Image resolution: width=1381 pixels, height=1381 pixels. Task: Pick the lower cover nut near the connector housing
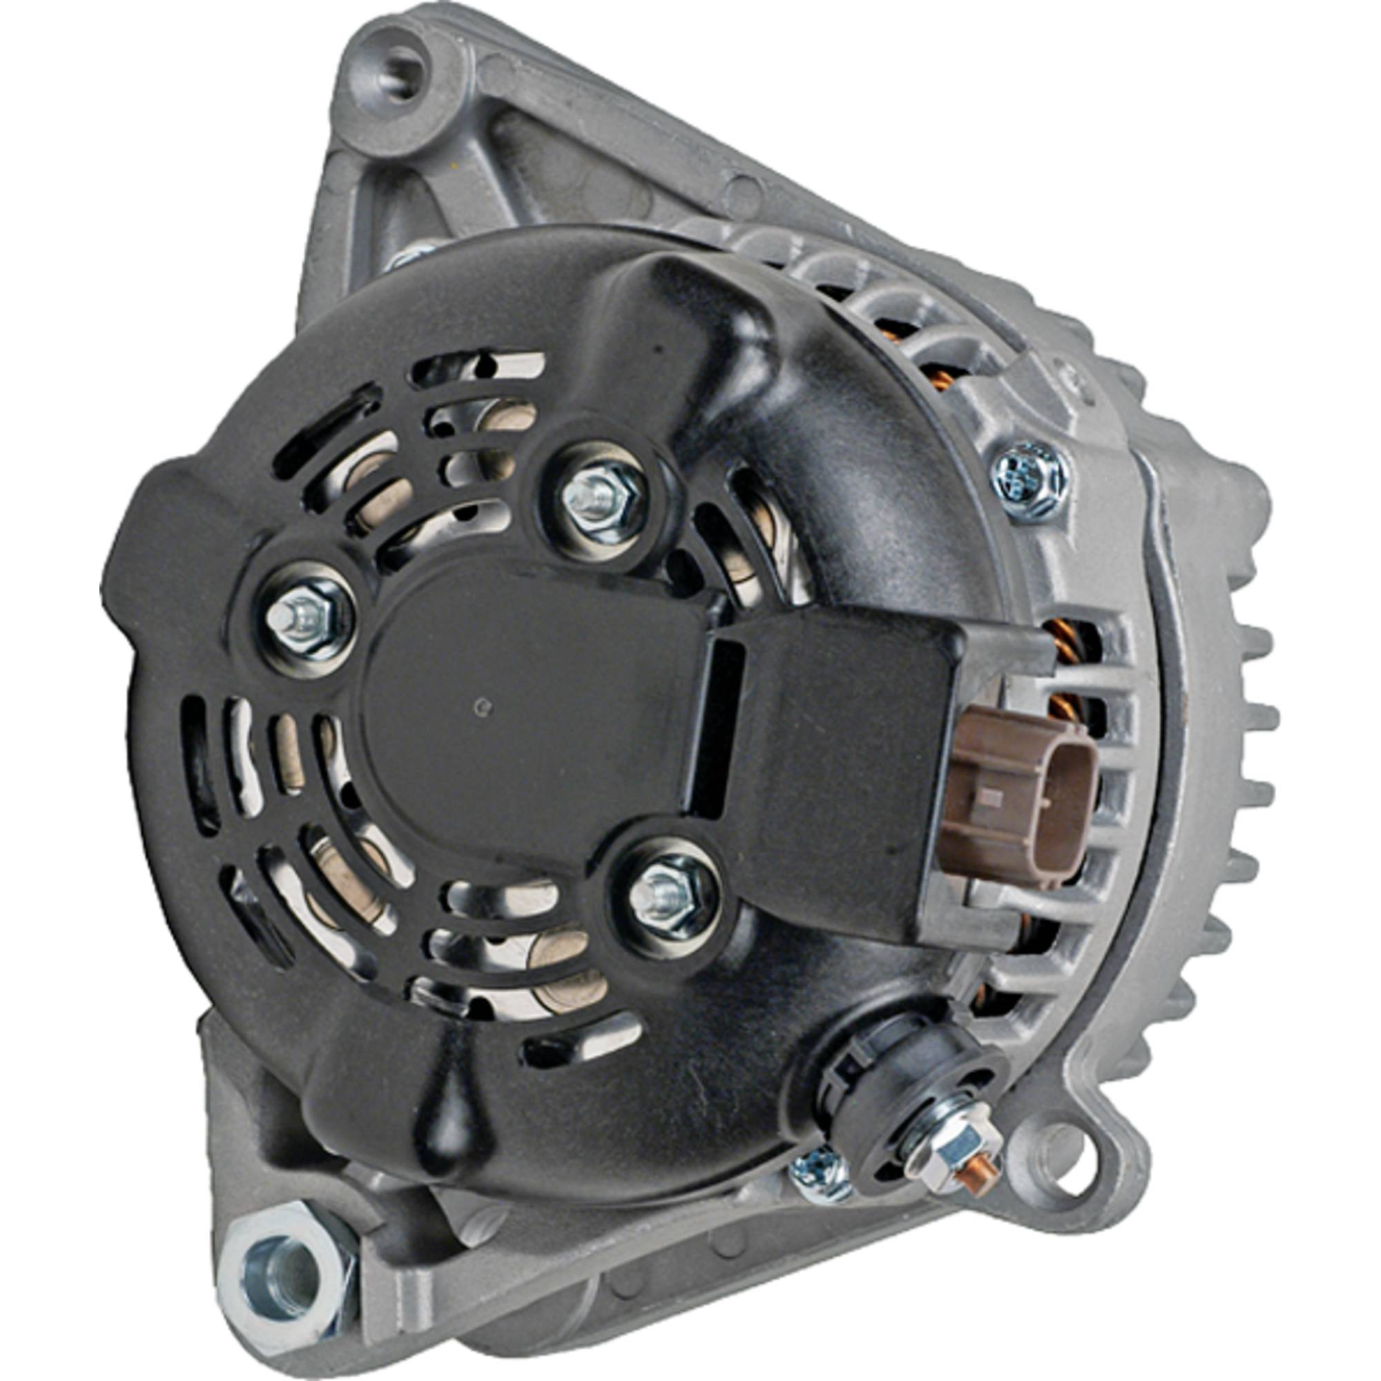pyautogui.click(x=664, y=896)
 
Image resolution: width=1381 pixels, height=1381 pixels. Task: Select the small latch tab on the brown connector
pyautogui.click(x=990, y=795)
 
